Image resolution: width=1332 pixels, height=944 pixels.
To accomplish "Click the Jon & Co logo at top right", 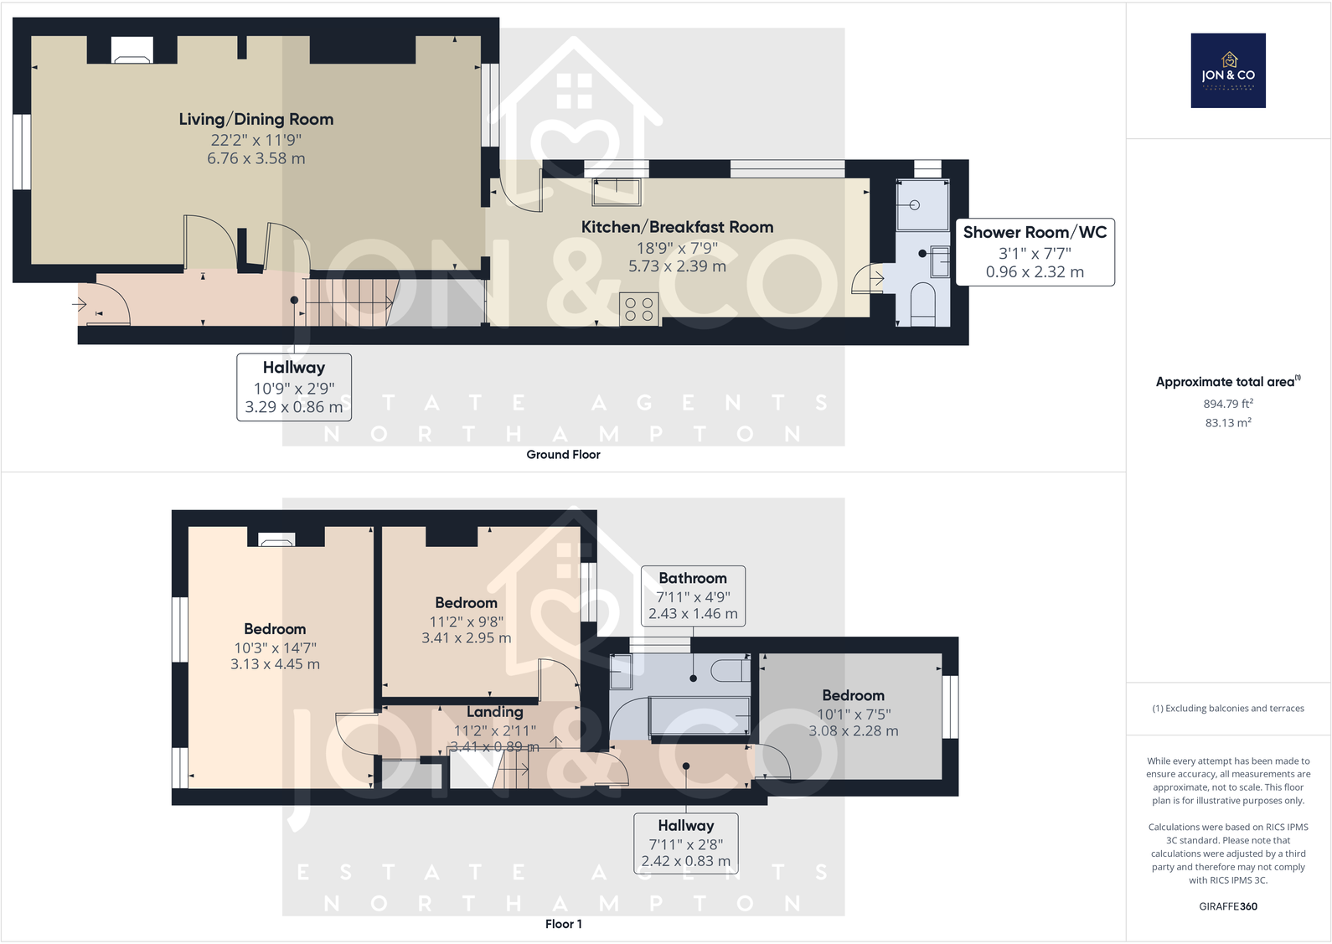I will click(x=1228, y=70).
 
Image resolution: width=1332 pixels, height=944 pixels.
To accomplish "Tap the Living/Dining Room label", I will click(x=256, y=120).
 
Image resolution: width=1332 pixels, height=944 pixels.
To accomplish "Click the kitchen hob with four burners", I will click(x=639, y=309).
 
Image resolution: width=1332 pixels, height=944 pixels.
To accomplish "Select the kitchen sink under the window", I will click(x=617, y=192).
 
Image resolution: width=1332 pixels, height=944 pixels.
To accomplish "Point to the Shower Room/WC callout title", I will click(x=1035, y=233).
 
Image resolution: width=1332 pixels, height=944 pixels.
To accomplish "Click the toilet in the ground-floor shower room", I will click(x=922, y=303).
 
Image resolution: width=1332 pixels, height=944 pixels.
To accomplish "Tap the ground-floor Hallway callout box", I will click(x=294, y=386).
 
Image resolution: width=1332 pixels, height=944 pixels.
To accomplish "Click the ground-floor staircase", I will click(x=348, y=302).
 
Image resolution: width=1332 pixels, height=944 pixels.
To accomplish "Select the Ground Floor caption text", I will click(x=563, y=455).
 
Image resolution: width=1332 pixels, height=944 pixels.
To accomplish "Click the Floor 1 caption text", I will click(x=563, y=924).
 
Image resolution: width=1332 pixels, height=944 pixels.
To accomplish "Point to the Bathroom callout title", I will click(x=693, y=578).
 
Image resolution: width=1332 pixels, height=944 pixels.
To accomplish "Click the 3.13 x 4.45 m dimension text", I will click(x=275, y=664).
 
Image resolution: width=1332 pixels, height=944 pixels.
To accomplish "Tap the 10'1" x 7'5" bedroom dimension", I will click(x=854, y=714).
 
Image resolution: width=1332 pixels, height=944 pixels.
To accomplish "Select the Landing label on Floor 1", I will click(x=494, y=712).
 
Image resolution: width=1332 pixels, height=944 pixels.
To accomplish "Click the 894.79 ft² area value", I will click(x=1228, y=404).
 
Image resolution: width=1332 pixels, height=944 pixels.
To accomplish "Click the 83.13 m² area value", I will click(x=1228, y=423).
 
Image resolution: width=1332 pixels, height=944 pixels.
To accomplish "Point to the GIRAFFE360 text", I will click(x=1228, y=906).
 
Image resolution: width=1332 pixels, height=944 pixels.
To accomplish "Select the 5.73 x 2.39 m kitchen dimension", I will click(x=677, y=266).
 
